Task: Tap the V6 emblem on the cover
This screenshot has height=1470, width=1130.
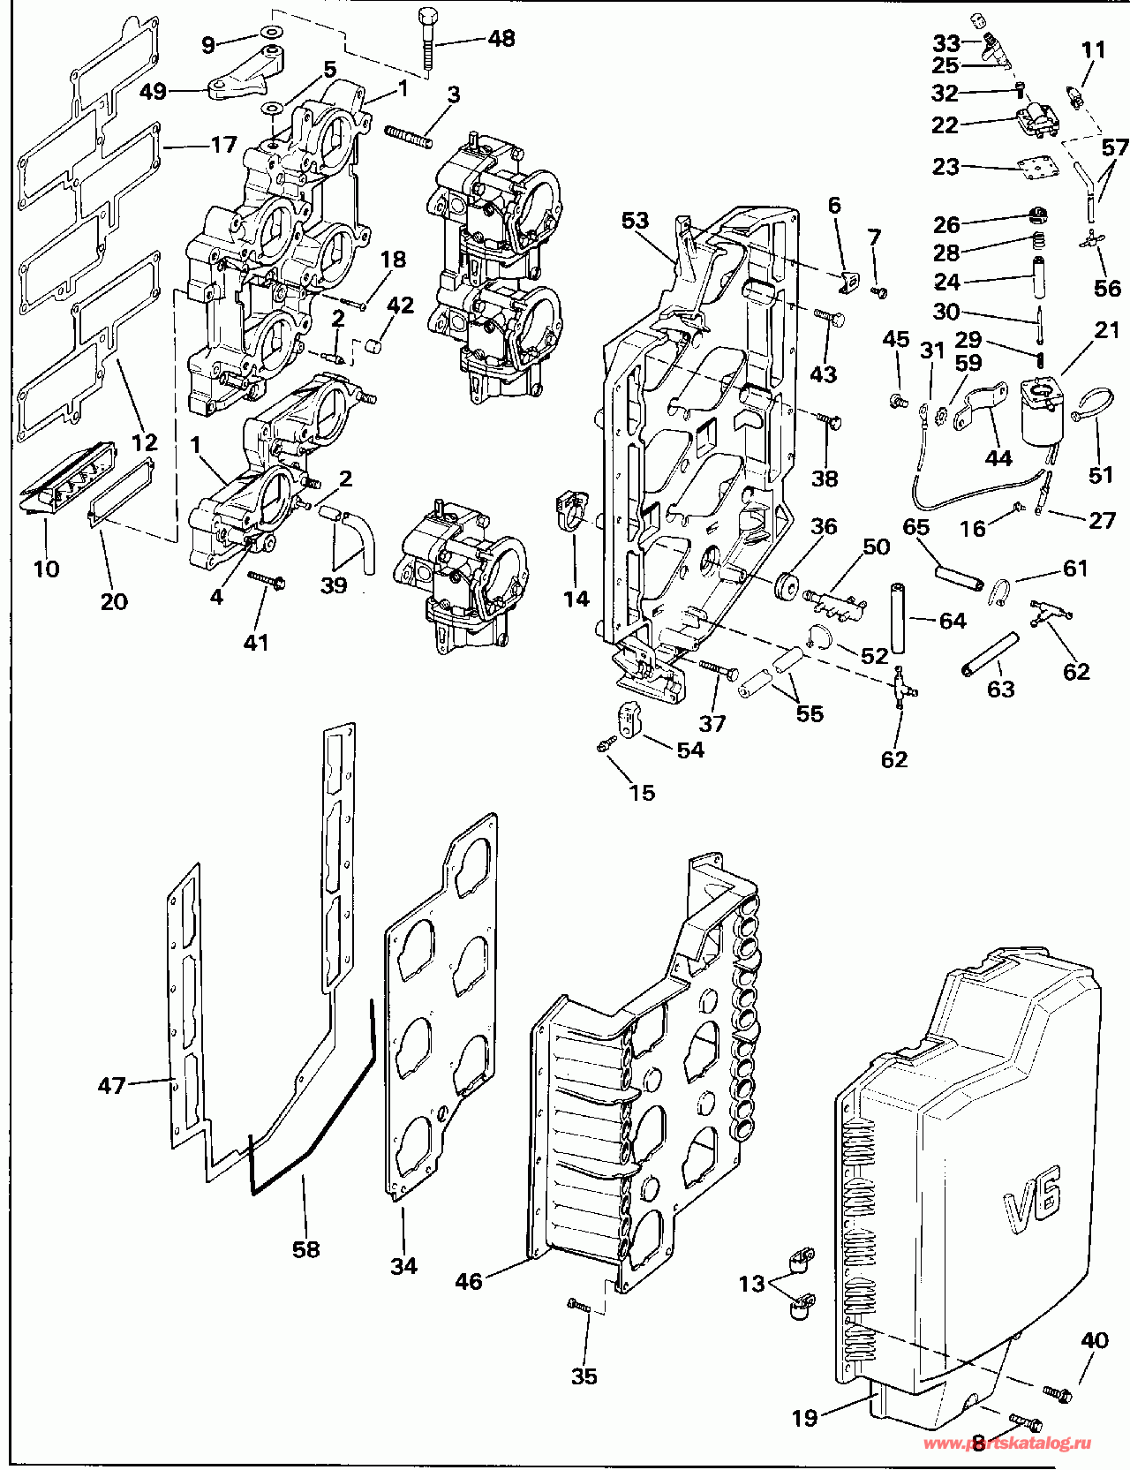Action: pyautogui.click(x=1032, y=1193)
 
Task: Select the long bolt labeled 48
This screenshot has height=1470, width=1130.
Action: pyautogui.click(x=428, y=38)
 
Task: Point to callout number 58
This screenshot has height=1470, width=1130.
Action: pyautogui.click(x=306, y=1249)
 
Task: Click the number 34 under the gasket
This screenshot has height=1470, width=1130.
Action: pyautogui.click(x=403, y=1266)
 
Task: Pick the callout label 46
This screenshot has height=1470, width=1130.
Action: pyautogui.click(x=469, y=1281)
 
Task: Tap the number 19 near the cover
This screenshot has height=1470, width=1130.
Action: pyautogui.click(x=804, y=1419)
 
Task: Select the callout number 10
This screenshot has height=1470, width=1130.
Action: pyautogui.click(x=47, y=569)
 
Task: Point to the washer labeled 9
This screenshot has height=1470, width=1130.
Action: pyautogui.click(x=272, y=34)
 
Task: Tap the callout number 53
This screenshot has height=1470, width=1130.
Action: pyautogui.click(x=635, y=221)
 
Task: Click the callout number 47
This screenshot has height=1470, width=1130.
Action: pyautogui.click(x=111, y=1085)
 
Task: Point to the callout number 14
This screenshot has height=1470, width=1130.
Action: pyautogui.click(x=576, y=599)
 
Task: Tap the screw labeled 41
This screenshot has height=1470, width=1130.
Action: pyautogui.click(x=266, y=579)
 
